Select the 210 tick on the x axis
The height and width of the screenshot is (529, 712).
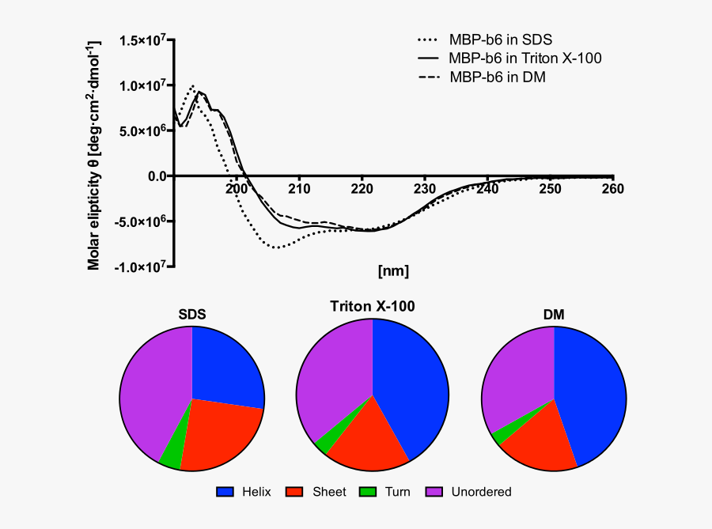click(299, 189)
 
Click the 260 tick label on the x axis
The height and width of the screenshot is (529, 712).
click(612, 189)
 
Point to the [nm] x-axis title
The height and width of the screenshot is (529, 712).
click(393, 271)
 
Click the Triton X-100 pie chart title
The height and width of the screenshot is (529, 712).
click(372, 306)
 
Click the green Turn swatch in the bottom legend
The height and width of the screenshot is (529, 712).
click(368, 492)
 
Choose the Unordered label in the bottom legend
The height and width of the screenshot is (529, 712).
click(481, 492)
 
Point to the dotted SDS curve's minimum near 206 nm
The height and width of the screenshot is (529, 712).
click(276, 247)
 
